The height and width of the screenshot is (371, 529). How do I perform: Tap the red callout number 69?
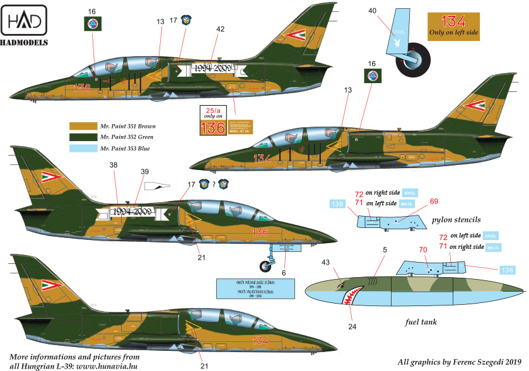pyautogui.click(x=434, y=201)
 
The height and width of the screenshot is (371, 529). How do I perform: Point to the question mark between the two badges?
pyautogui.click(x=214, y=185)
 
